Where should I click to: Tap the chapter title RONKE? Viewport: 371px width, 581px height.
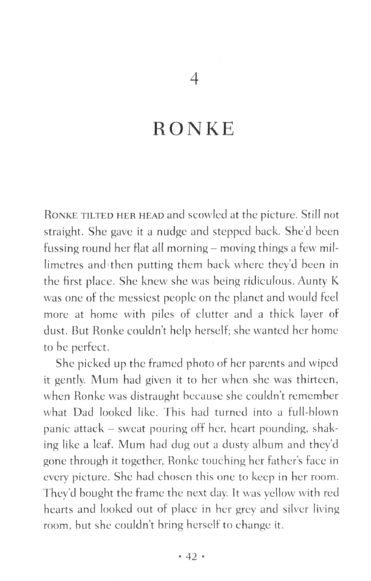click(194, 130)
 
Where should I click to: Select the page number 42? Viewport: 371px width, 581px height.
click(192, 557)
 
